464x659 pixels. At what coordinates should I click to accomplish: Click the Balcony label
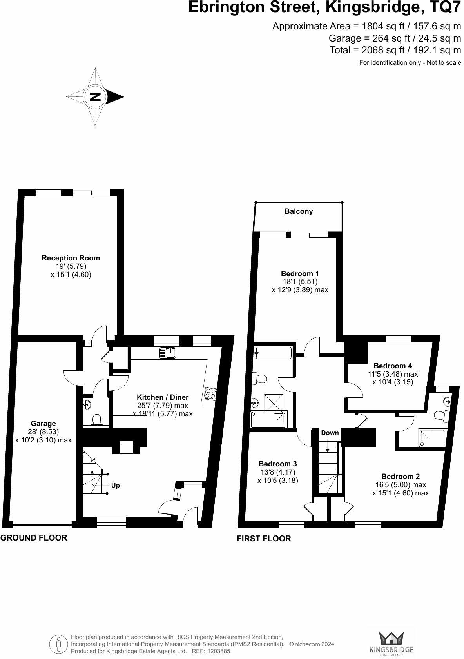[x=299, y=211]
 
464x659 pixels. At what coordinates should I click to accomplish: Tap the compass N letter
[x=95, y=96]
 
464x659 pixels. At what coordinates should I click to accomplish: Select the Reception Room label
[x=71, y=258]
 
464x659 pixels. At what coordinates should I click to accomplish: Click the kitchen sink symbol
[x=168, y=353]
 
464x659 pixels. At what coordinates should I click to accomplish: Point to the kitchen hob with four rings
[x=210, y=393]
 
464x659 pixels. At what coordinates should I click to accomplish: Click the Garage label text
[x=43, y=423]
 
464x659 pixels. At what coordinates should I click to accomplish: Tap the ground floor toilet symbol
[x=96, y=420]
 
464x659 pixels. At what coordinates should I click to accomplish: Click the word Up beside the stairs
[x=115, y=485]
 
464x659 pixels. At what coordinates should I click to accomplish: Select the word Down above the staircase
[x=330, y=433]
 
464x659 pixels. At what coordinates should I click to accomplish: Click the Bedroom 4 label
[x=393, y=366]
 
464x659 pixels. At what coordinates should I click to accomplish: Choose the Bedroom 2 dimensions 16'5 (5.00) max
[x=401, y=485]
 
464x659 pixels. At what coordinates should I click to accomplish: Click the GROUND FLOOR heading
[x=34, y=537]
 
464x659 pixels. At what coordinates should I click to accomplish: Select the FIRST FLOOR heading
[x=264, y=539]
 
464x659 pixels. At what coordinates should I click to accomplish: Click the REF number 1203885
[x=219, y=651]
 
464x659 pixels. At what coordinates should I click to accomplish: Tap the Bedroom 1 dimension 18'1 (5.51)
[x=300, y=282]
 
